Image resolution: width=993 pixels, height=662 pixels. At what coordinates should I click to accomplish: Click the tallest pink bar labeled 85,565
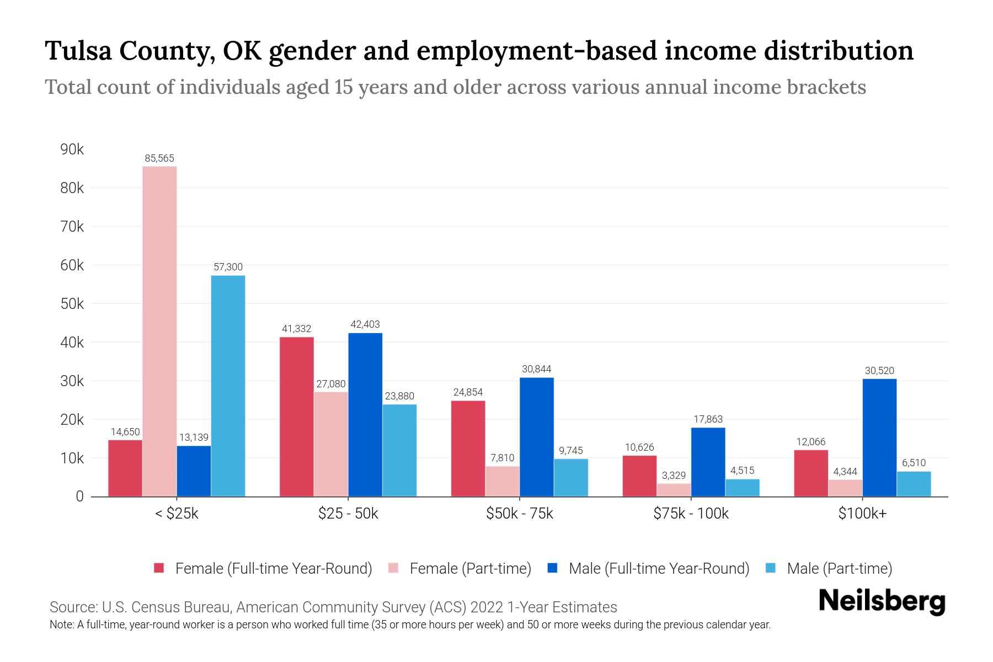point(159,331)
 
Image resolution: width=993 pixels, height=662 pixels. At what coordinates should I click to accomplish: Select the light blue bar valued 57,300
point(228,386)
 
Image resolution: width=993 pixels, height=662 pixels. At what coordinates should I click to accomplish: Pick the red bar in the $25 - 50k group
point(296,417)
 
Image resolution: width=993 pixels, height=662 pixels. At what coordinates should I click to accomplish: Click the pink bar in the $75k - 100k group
point(674,490)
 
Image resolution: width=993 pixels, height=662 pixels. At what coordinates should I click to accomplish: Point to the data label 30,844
point(536,369)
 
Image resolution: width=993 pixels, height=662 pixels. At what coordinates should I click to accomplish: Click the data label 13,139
point(194,437)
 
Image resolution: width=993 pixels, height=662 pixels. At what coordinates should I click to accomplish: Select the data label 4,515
point(742,471)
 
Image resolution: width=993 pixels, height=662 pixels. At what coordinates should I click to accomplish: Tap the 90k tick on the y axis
point(72,150)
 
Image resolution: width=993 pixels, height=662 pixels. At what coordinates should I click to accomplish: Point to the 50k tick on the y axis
point(72,304)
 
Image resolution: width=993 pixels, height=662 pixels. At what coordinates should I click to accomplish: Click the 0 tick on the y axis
point(79,496)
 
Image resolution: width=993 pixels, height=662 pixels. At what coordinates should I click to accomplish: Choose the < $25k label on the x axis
point(177,514)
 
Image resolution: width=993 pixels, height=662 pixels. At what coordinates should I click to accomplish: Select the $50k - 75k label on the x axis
point(519,514)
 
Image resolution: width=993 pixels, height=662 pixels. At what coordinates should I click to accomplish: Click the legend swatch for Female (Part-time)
point(393,568)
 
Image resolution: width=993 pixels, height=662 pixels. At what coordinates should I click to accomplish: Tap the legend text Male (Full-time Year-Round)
point(659,568)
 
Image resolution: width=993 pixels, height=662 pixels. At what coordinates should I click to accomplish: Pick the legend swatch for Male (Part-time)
point(771,568)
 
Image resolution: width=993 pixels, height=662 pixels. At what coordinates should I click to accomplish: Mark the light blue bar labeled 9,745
point(571,478)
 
